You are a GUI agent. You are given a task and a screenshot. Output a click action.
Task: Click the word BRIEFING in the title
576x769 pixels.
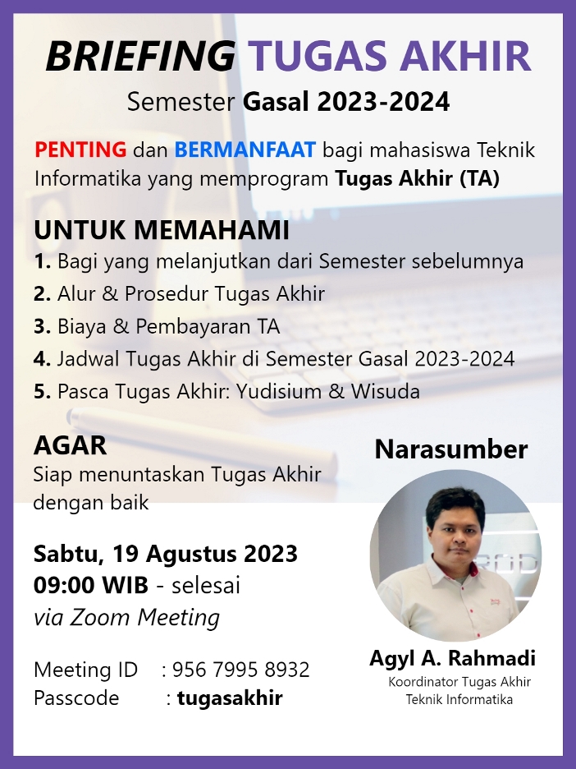[140, 57]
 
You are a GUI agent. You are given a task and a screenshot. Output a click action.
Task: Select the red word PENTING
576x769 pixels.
[80, 150]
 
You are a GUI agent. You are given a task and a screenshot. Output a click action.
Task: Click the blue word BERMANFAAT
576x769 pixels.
[245, 150]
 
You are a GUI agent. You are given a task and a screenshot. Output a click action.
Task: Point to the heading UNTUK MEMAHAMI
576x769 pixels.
[162, 231]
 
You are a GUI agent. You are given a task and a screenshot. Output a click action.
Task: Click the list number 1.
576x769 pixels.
[41, 262]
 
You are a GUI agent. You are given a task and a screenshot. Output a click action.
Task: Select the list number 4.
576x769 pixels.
[42, 359]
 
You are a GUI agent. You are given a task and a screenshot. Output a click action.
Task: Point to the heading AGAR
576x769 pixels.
[71, 445]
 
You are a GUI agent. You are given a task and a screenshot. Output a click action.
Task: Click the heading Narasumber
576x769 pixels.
[451, 449]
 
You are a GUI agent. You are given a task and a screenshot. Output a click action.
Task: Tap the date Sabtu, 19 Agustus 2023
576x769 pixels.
[165, 553]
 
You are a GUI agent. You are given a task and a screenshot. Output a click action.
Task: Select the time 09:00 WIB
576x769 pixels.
[91, 586]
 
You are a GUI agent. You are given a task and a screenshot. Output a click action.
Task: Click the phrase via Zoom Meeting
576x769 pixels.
[126, 617]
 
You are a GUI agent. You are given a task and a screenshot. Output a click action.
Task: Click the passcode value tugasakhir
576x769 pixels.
[230, 698]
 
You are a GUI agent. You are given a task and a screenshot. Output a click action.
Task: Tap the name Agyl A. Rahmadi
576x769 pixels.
[453, 658]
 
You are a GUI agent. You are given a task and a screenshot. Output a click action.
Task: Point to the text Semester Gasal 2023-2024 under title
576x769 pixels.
[288, 102]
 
